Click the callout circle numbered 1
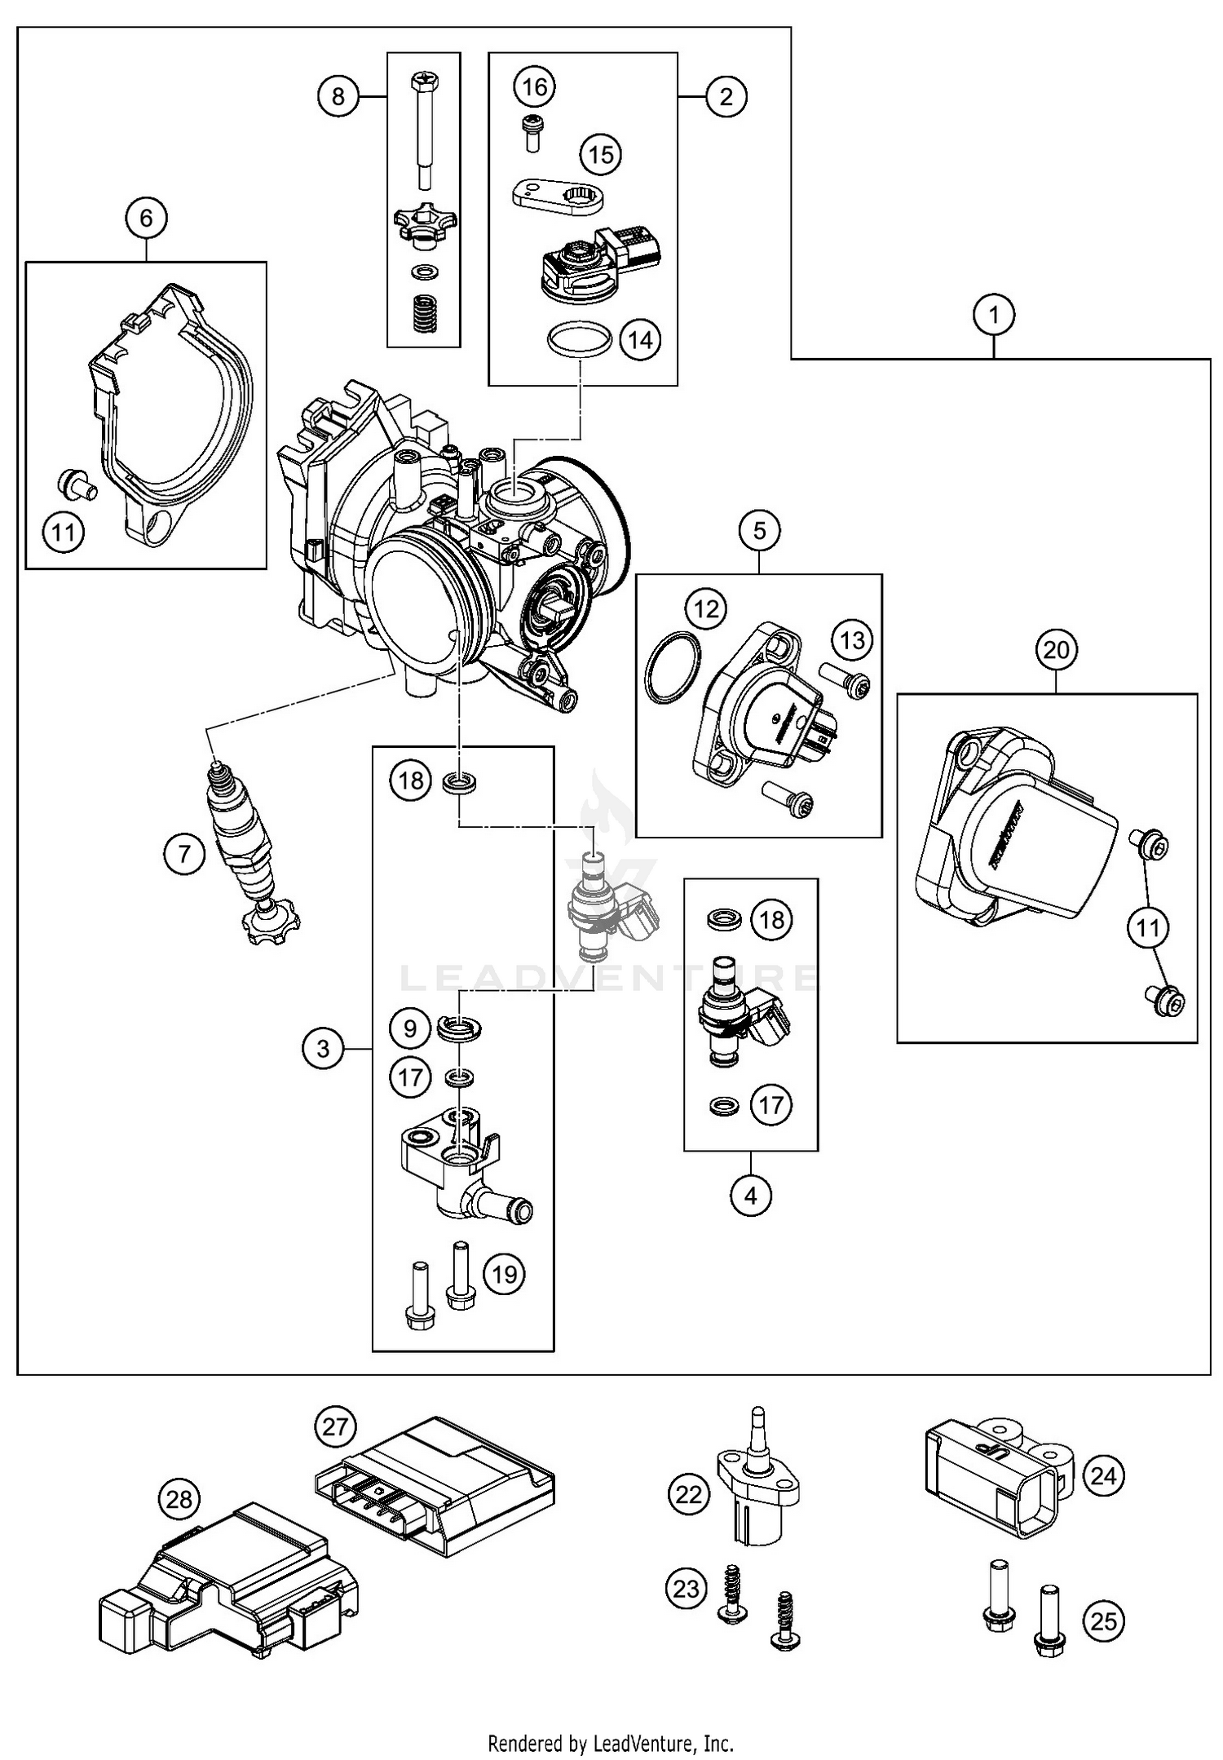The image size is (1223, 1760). coord(994,314)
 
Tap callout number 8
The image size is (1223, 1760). coord(338,97)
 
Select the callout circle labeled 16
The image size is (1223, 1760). coord(535,86)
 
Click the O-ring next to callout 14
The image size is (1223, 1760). coord(580,339)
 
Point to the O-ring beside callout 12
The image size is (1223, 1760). coord(673,666)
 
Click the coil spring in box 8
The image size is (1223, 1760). coord(424,312)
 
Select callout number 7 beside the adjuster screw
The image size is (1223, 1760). coord(183,855)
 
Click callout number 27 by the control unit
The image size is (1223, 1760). coord(335,1427)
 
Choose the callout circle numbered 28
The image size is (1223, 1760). coord(179,1499)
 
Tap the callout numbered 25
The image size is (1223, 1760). coord(1103,1621)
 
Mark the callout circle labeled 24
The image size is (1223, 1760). coord(1103,1476)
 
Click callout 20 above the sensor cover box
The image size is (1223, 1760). coord(1056,650)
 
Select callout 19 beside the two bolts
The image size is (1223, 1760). coord(505,1274)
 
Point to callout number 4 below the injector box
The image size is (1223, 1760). coord(750,1196)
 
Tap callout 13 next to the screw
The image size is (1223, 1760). coord(852,640)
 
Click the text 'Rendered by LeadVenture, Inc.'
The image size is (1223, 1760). coord(611,1744)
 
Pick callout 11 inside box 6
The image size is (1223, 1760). coord(64,533)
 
